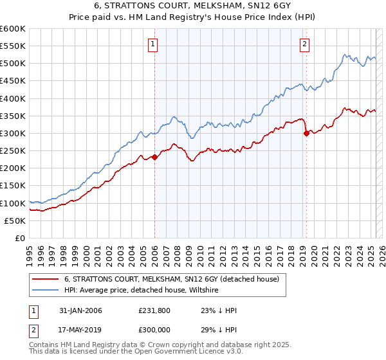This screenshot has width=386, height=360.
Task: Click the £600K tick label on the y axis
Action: pos(13,29)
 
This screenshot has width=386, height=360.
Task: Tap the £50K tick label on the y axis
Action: pos(15,221)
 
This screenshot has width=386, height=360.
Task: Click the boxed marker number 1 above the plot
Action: pos(153,44)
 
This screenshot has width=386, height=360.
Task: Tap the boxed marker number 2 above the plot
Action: pos(304,44)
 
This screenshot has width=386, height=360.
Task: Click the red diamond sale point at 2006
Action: pos(154,157)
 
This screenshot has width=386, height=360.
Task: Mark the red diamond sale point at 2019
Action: pos(306,134)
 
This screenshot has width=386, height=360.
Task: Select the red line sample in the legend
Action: pos(45,279)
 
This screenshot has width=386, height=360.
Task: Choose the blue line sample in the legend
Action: pos(45,290)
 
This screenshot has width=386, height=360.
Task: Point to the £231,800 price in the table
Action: pos(154,310)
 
